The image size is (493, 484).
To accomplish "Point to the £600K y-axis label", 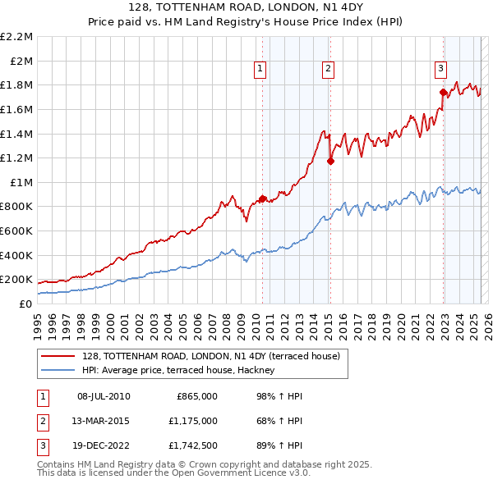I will click(x=16, y=231).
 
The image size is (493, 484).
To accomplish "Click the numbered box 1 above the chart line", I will click(x=260, y=70).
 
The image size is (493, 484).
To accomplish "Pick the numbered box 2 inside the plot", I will click(x=328, y=70).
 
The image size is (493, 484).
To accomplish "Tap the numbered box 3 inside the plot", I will click(x=440, y=69).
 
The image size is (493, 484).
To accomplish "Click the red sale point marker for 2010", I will click(x=262, y=199).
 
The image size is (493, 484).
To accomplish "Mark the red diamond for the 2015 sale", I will click(x=330, y=161).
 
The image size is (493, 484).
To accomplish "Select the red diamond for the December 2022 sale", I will click(x=443, y=92).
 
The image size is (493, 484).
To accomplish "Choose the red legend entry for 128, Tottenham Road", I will click(x=216, y=355).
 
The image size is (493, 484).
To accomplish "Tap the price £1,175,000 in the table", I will click(x=197, y=421).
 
